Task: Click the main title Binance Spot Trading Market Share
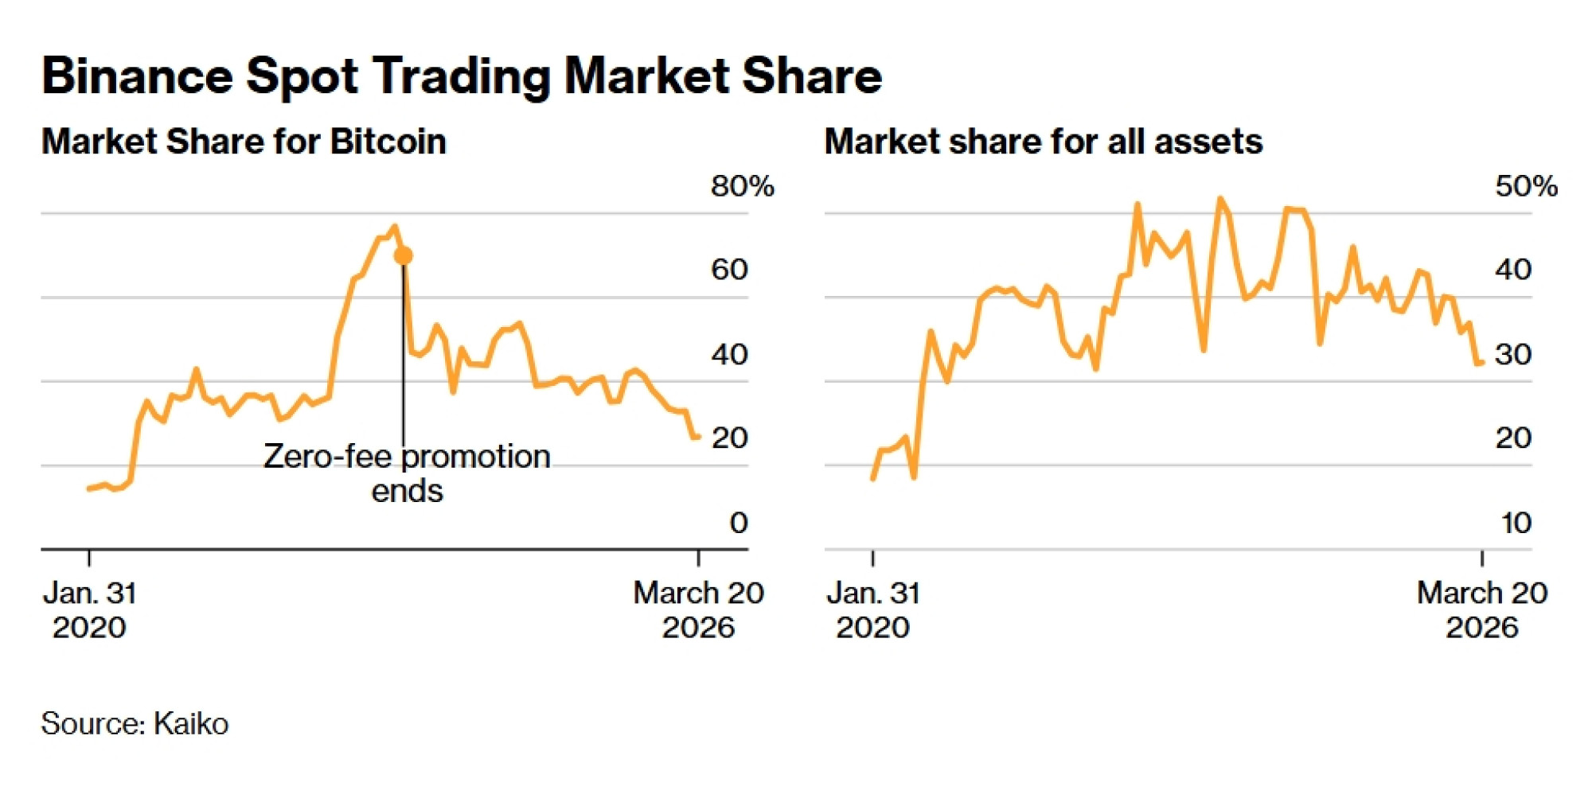[462, 76]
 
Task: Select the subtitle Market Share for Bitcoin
[244, 142]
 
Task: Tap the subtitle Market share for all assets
[1043, 142]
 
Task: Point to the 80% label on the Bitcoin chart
[742, 186]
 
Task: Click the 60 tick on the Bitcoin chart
[729, 270]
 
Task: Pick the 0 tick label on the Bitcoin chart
[738, 523]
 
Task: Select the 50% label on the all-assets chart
[1525, 186]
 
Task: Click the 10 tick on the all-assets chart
[1516, 523]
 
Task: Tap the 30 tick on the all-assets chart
[1512, 354]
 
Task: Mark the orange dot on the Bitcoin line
[404, 256]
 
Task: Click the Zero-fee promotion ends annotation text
[407, 473]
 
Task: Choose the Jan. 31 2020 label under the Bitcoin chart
[89, 609]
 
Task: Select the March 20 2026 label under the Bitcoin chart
[698, 609]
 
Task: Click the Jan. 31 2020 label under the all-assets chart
[873, 609]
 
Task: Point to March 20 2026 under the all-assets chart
[1481, 609]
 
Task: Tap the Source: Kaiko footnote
[135, 723]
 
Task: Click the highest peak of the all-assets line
[1219, 199]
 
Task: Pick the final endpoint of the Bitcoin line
[697, 436]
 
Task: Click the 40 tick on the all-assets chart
[1512, 270]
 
